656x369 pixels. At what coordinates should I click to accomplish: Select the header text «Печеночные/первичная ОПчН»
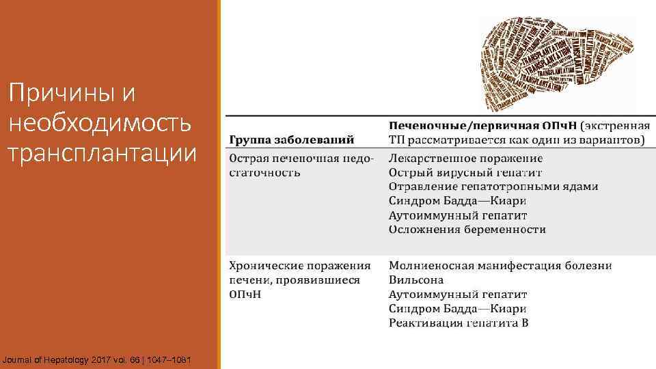(482, 126)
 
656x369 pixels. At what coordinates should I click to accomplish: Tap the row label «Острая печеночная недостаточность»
(301, 165)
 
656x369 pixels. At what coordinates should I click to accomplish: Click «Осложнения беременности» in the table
(467, 230)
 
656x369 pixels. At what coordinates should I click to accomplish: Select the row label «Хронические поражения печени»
(299, 272)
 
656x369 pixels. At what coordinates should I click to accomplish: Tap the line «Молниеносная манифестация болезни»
(500, 265)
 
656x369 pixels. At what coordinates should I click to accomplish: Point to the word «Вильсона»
(416, 279)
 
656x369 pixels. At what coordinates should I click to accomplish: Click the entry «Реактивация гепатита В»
(459, 323)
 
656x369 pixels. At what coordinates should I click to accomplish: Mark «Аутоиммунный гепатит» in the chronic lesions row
(458, 294)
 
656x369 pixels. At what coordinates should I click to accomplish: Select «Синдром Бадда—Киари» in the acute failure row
(457, 201)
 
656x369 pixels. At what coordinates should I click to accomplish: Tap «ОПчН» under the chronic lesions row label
(245, 294)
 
